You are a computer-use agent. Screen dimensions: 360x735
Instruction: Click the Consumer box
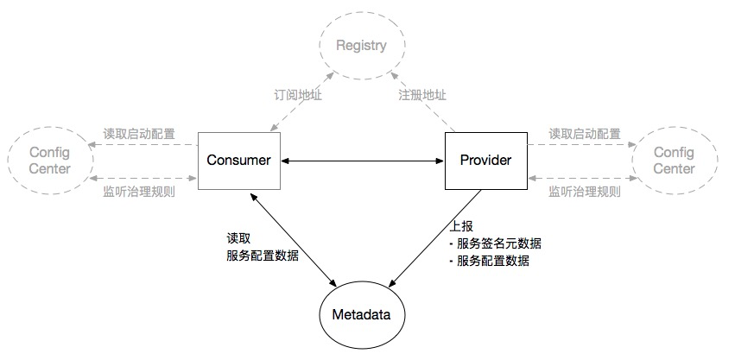click(238, 161)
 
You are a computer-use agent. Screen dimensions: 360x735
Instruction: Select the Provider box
click(485, 161)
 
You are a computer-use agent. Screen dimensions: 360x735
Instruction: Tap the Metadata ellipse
click(361, 315)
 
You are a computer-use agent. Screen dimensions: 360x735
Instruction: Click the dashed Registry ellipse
click(362, 46)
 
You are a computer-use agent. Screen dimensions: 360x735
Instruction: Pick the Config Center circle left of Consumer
click(49, 161)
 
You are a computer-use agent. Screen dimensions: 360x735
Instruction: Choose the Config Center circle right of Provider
click(674, 161)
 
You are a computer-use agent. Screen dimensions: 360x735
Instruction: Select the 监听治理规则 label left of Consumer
click(139, 192)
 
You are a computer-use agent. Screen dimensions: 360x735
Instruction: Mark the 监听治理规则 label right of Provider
click(585, 192)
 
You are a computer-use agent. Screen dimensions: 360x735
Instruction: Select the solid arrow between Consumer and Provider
click(361, 161)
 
